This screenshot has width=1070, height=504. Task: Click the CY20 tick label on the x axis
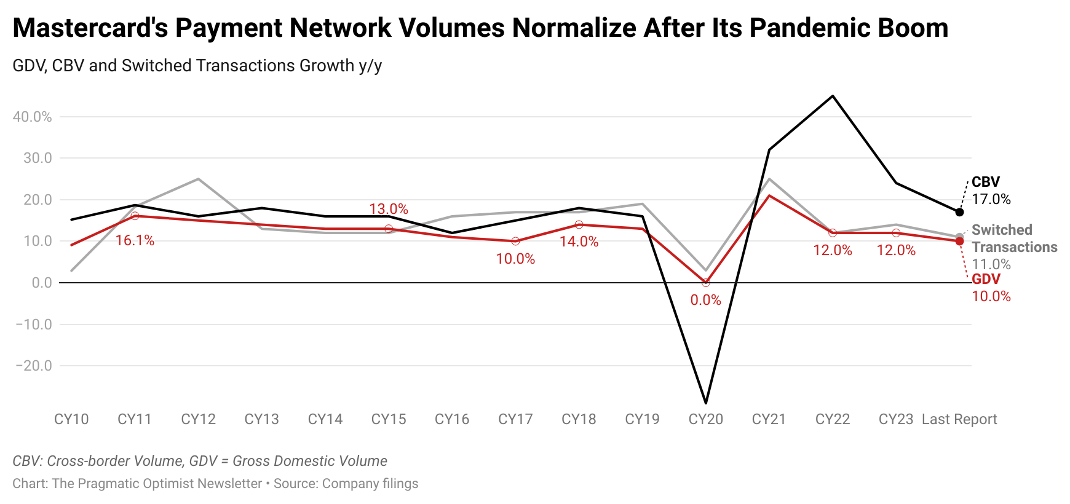click(x=705, y=419)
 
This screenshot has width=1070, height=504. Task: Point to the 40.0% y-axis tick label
click(x=32, y=117)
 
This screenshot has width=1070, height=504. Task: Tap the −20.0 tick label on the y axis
click(x=33, y=366)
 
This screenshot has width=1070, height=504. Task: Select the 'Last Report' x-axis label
click(x=959, y=419)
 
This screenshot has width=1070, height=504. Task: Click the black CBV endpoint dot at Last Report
click(x=959, y=212)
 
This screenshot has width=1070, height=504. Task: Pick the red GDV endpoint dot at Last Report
click(x=959, y=241)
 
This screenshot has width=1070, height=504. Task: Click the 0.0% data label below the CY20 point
click(x=705, y=300)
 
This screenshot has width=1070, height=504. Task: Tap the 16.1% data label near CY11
click(x=135, y=240)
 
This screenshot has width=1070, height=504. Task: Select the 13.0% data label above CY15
click(x=389, y=209)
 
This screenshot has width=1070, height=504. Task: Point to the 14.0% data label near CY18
click(x=579, y=242)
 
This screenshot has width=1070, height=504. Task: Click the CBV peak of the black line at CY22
click(x=833, y=96)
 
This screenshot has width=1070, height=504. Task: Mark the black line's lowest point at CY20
click(x=705, y=403)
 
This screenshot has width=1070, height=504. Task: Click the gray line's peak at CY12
click(x=198, y=179)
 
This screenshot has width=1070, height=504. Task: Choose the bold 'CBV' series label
click(x=986, y=182)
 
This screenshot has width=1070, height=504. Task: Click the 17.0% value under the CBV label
click(x=991, y=199)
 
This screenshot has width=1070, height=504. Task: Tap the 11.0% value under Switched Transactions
click(x=991, y=264)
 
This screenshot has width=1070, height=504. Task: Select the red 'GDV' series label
click(x=986, y=279)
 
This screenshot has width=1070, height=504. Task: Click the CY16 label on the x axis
click(x=452, y=419)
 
